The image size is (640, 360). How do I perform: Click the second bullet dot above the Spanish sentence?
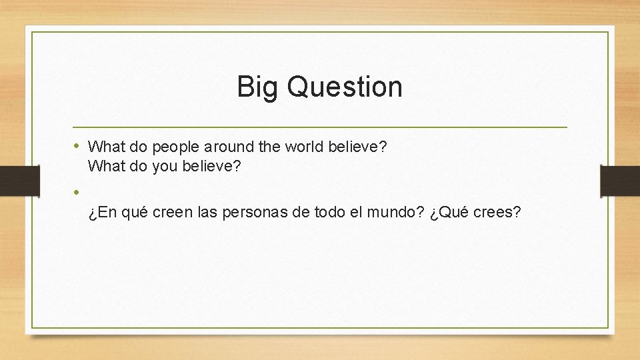pyautogui.click(x=77, y=192)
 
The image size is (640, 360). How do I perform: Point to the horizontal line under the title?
pyautogui.click(x=320, y=127)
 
